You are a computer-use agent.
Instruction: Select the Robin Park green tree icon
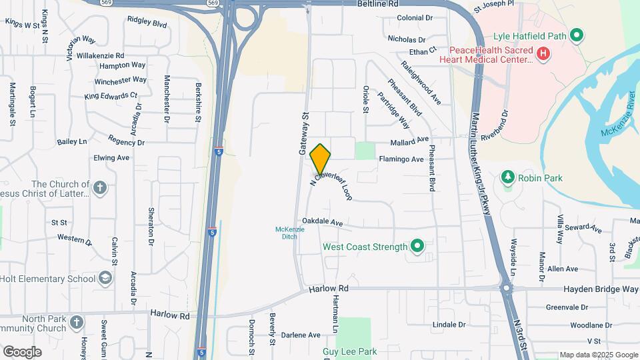[x=508, y=177]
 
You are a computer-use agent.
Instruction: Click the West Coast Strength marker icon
[x=417, y=247]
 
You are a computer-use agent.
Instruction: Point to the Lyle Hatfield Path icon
[x=578, y=35]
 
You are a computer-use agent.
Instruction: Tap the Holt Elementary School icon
[x=105, y=278]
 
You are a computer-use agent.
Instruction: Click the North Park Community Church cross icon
[x=77, y=323]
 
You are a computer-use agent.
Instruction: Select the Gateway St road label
[x=304, y=133]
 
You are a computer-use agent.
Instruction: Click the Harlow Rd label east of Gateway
[x=329, y=289]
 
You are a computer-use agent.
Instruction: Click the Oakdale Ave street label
[x=322, y=222]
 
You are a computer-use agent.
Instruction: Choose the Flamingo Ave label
[x=401, y=159]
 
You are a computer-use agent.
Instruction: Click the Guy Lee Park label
[x=349, y=351]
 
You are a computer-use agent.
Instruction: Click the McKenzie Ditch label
[x=290, y=233]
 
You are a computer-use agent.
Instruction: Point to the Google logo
[x=22, y=351]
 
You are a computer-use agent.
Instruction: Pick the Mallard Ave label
[x=409, y=140]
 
